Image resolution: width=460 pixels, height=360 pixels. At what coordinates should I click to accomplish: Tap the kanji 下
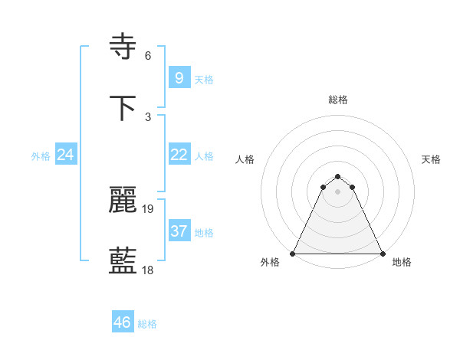click(124, 109)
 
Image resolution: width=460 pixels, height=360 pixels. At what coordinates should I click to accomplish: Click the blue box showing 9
click(179, 77)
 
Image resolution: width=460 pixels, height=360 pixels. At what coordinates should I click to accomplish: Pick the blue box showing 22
click(179, 155)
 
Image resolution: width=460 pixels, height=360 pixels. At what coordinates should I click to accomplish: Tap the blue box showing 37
click(179, 231)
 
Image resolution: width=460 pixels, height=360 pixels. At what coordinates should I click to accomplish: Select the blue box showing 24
click(66, 155)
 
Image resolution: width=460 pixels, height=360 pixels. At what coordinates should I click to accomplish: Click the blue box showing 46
click(122, 322)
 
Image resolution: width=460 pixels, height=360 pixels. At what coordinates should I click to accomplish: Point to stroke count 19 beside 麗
click(148, 208)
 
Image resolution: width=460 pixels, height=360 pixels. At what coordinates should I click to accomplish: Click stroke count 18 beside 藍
click(148, 270)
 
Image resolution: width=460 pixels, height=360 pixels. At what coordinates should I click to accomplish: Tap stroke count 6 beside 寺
click(148, 56)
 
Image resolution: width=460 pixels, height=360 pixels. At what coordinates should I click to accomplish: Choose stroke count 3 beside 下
click(148, 116)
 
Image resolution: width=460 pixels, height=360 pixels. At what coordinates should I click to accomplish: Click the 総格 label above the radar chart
click(338, 100)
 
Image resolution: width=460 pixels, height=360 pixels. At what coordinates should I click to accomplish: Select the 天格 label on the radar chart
click(432, 159)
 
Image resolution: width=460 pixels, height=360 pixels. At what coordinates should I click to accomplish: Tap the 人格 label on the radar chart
click(245, 159)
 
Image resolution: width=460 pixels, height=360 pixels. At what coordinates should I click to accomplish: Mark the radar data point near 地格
click(383, 254)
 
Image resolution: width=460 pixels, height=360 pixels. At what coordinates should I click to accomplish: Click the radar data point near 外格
click(293, 254)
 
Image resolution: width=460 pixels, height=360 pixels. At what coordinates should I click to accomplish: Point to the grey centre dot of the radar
click(338, 191)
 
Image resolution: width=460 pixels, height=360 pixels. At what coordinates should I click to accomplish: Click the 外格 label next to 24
click(41, 155)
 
